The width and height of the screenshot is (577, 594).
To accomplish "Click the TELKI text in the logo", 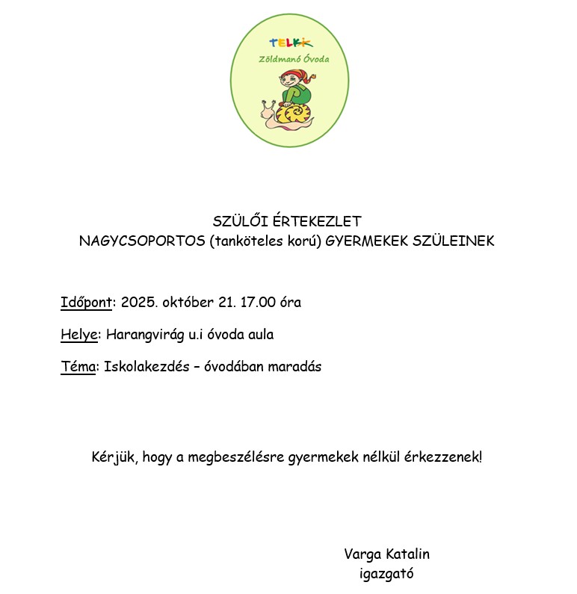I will point(291,44).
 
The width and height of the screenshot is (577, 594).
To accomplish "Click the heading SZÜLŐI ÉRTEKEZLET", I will point(287,222).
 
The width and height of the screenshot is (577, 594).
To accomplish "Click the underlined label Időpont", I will point(87,303).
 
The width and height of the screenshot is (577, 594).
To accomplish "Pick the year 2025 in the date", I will point(137,303).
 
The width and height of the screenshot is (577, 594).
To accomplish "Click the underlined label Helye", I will point(79,335).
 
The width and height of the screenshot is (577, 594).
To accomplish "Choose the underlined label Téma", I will point(78,367).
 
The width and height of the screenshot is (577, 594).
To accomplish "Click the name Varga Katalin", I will point(386,554).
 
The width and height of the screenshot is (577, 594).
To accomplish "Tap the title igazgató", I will point(386,574).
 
